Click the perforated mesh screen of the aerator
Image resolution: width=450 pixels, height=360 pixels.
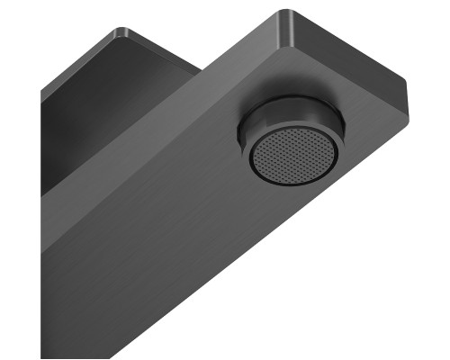293,155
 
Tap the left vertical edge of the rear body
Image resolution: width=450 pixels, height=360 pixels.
42,135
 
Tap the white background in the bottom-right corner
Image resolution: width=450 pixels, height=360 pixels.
423,333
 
